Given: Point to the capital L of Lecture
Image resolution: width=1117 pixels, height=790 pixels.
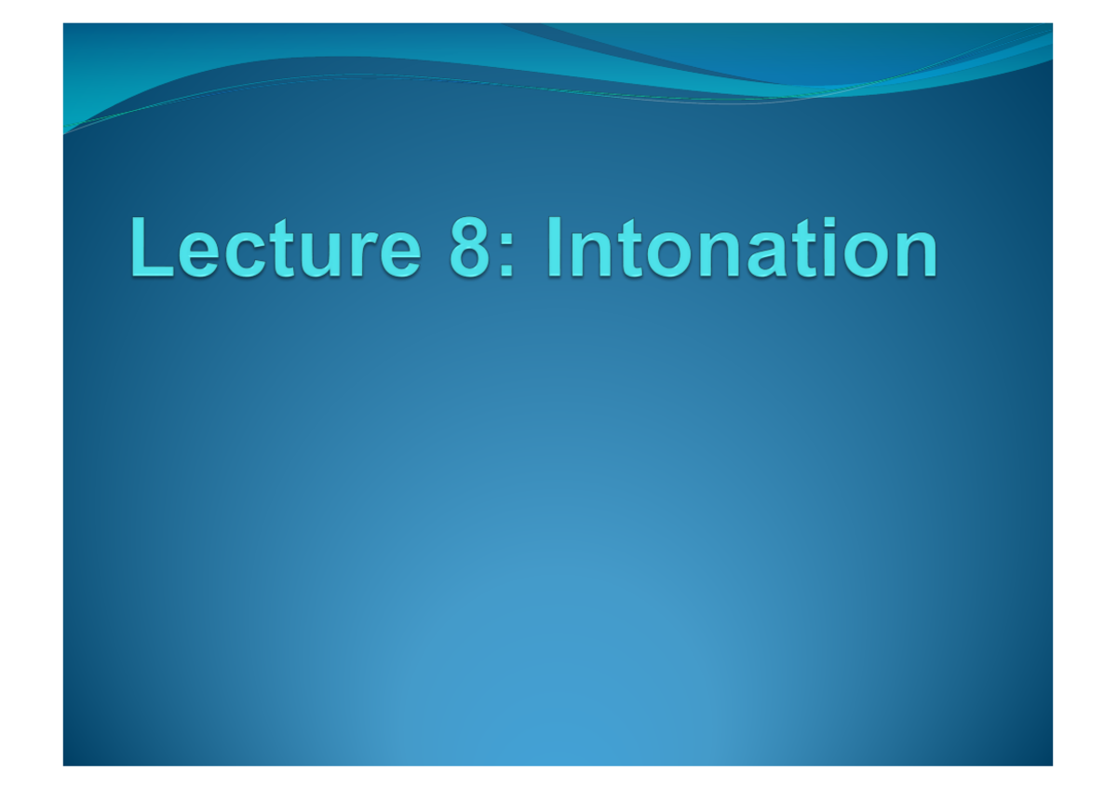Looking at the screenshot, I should pyautogui.click(x=149, y=248).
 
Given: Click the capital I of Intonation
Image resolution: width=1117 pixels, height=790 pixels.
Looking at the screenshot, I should pyautogui.click(x=555, y=248).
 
